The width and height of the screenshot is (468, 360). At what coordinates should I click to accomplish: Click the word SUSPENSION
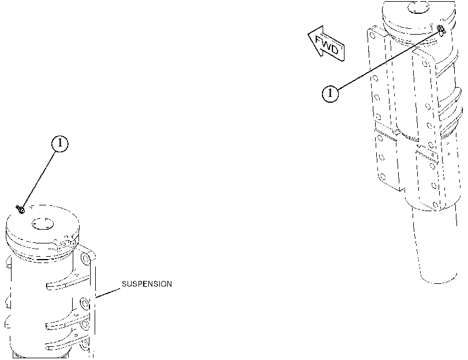tap(147, 284)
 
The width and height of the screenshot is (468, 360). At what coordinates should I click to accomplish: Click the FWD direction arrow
tap(326, 44)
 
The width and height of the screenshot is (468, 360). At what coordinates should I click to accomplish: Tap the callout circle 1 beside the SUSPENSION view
tap(60, 144)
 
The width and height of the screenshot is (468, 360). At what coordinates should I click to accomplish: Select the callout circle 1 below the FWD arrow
tap(330, 93)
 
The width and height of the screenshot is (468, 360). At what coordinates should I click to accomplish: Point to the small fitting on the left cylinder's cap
tap(20, 209)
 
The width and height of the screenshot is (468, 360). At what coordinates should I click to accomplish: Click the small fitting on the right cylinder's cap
tap(441, 29)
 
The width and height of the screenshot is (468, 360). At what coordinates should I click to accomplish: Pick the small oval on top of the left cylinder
tap(42, 224)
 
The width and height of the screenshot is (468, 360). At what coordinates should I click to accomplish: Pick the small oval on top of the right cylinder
tap(418, 7)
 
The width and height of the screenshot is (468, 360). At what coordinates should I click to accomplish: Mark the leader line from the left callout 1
tap(39, 180)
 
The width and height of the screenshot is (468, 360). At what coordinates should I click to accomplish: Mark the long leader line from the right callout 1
tap(388, 59)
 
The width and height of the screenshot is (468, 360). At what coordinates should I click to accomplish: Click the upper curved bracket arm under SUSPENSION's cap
tap(67, 280)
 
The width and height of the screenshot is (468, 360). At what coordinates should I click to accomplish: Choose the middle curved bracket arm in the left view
tap(68, 321)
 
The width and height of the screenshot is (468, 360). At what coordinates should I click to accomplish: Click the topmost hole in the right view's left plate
tap(372, 36)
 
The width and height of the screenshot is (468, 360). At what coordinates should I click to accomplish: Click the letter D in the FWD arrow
tap(335, 49)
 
